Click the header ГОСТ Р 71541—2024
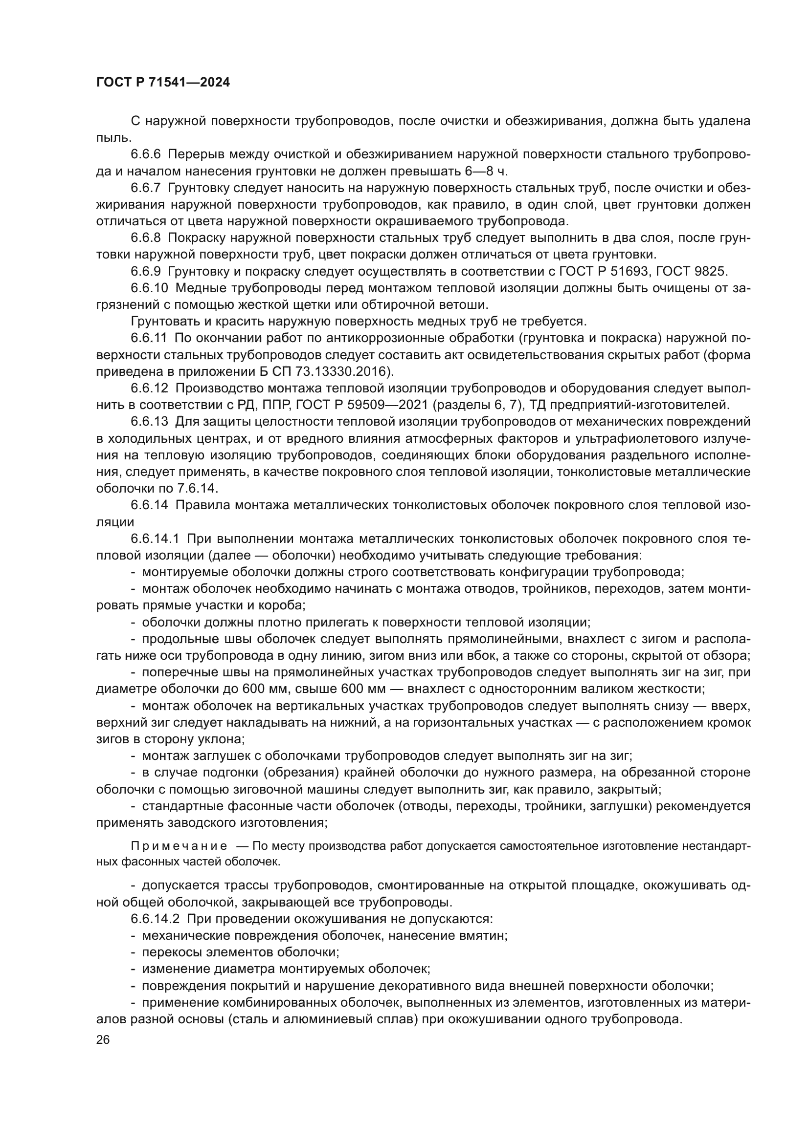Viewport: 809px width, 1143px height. point(163,83)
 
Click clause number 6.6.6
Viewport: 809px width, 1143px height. point(145,155)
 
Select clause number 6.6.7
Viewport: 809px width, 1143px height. point(145,188)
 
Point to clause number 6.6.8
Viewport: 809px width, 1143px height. point(145,238)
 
